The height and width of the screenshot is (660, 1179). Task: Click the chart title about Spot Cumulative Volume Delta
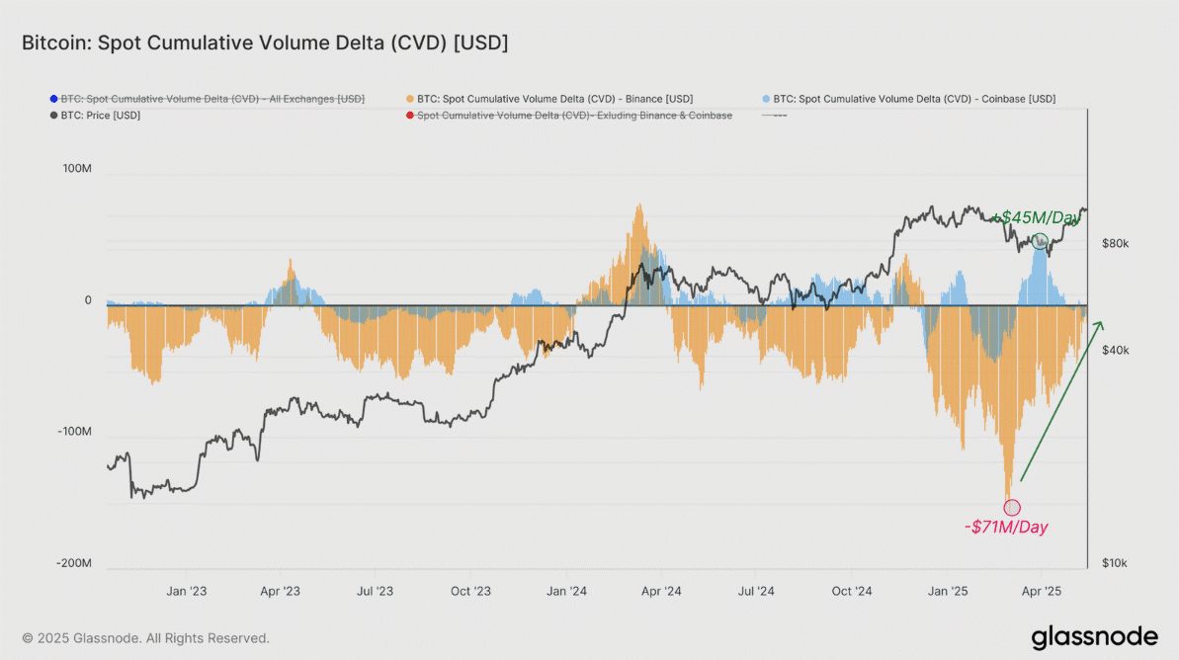[x=265, y=43]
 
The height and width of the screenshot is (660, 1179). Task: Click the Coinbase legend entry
[x=914, y=99]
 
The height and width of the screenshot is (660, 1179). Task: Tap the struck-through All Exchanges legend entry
[x=212, y=99]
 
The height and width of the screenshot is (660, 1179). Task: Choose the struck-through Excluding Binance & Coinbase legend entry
[x=574, y=116]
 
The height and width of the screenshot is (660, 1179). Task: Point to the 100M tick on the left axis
[x=76, y=169]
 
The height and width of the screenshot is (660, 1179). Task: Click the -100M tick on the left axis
[x=74, y=433]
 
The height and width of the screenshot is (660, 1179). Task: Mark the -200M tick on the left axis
[x=74, y=564]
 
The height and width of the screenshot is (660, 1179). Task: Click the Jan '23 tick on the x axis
[x=187, y=592]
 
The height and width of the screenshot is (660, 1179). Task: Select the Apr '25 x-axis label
[x=1040, y=592]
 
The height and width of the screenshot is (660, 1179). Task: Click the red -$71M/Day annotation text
[x=1005, y=528]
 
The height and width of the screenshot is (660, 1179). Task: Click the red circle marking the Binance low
[x=1012, y=507]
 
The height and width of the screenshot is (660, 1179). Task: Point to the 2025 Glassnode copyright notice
[x=145, y=638]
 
